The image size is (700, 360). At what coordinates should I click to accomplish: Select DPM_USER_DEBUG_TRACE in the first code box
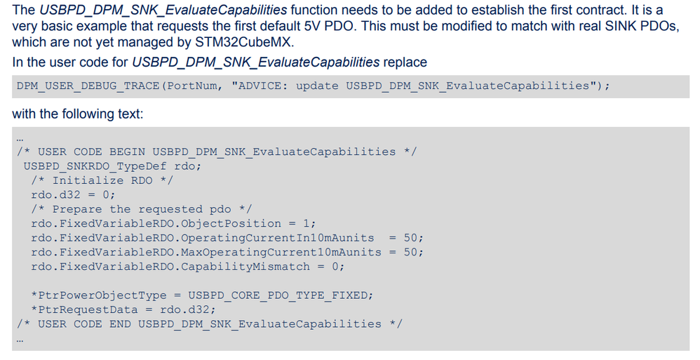pos(88,86)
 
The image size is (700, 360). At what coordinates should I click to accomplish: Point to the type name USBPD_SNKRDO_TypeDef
pos(95,166)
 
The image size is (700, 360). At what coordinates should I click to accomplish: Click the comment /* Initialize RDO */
pos(102,181)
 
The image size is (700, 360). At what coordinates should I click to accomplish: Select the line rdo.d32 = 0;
pos(74,195)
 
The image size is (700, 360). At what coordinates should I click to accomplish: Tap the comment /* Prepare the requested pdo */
pos(142,210)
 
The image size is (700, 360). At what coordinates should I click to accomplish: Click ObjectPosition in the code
pos(231,224)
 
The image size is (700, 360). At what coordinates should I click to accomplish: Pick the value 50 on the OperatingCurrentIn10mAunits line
pos(411,238)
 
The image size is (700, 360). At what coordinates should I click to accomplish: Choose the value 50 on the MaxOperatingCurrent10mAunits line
pos(411,253)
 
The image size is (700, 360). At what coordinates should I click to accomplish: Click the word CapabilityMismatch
pos(245,267)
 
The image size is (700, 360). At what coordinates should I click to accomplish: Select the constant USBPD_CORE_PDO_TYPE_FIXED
pos(278,295)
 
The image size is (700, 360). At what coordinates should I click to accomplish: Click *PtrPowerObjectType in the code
pos(99,295)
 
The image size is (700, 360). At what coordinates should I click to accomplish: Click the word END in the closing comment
pos(120,324)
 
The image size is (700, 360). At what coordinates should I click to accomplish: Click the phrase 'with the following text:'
pos(78,114)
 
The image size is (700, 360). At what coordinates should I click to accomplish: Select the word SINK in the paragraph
pos(621,26)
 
